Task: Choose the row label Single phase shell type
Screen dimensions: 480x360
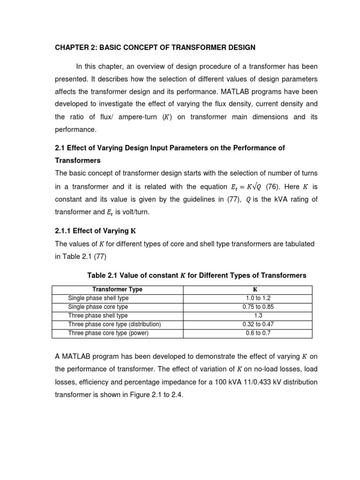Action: [98, 298]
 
